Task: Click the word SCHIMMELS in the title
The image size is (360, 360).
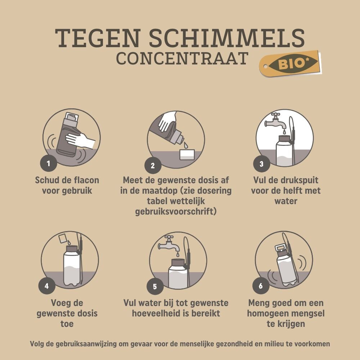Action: coord(227,38)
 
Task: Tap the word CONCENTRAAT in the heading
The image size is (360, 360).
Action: coord(182,59)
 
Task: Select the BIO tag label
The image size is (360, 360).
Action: coord(291,63)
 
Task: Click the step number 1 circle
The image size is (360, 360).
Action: coord(49,163)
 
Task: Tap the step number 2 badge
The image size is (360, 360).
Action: coord(153,166)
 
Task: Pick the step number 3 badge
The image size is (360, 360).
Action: coord(261,164)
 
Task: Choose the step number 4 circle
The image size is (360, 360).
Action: coord(47,286)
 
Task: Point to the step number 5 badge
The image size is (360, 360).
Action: coord(155,286)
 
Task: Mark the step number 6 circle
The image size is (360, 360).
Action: coord(261,286)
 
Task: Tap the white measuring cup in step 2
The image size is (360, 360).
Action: coord(187,154)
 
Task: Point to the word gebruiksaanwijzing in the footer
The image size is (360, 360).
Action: coord(91,344)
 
